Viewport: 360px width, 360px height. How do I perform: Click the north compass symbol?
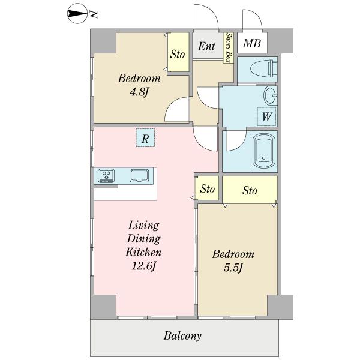(77, 14)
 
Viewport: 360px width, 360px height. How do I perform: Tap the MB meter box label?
(252, 43)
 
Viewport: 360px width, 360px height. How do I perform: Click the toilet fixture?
(264, 68)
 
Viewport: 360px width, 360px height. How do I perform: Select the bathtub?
(264, 151)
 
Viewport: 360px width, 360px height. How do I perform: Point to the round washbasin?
(271, 95)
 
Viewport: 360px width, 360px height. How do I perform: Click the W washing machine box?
(266, 116)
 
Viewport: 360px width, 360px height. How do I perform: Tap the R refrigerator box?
(145, 138)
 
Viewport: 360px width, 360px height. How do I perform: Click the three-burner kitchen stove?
(106, 176)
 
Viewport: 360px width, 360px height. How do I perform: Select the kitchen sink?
(139, 176)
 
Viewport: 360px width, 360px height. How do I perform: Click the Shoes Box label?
(229, 47)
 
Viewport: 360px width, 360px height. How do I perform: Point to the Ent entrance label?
(206, 46)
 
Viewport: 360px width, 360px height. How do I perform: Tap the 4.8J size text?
(139, 92)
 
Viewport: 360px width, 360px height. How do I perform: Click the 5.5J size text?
(233, 268)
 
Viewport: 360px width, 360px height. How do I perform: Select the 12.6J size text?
(144, 266)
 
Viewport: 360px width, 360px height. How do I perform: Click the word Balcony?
(182, 336)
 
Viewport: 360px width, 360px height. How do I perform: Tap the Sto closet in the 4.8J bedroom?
(178, 52)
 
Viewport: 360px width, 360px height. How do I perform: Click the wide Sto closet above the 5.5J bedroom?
(250, 190)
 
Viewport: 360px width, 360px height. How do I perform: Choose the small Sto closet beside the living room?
(207, 188)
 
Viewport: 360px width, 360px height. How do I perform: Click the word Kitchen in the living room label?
(143, 252)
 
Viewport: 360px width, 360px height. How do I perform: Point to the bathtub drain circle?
(263, 158)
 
